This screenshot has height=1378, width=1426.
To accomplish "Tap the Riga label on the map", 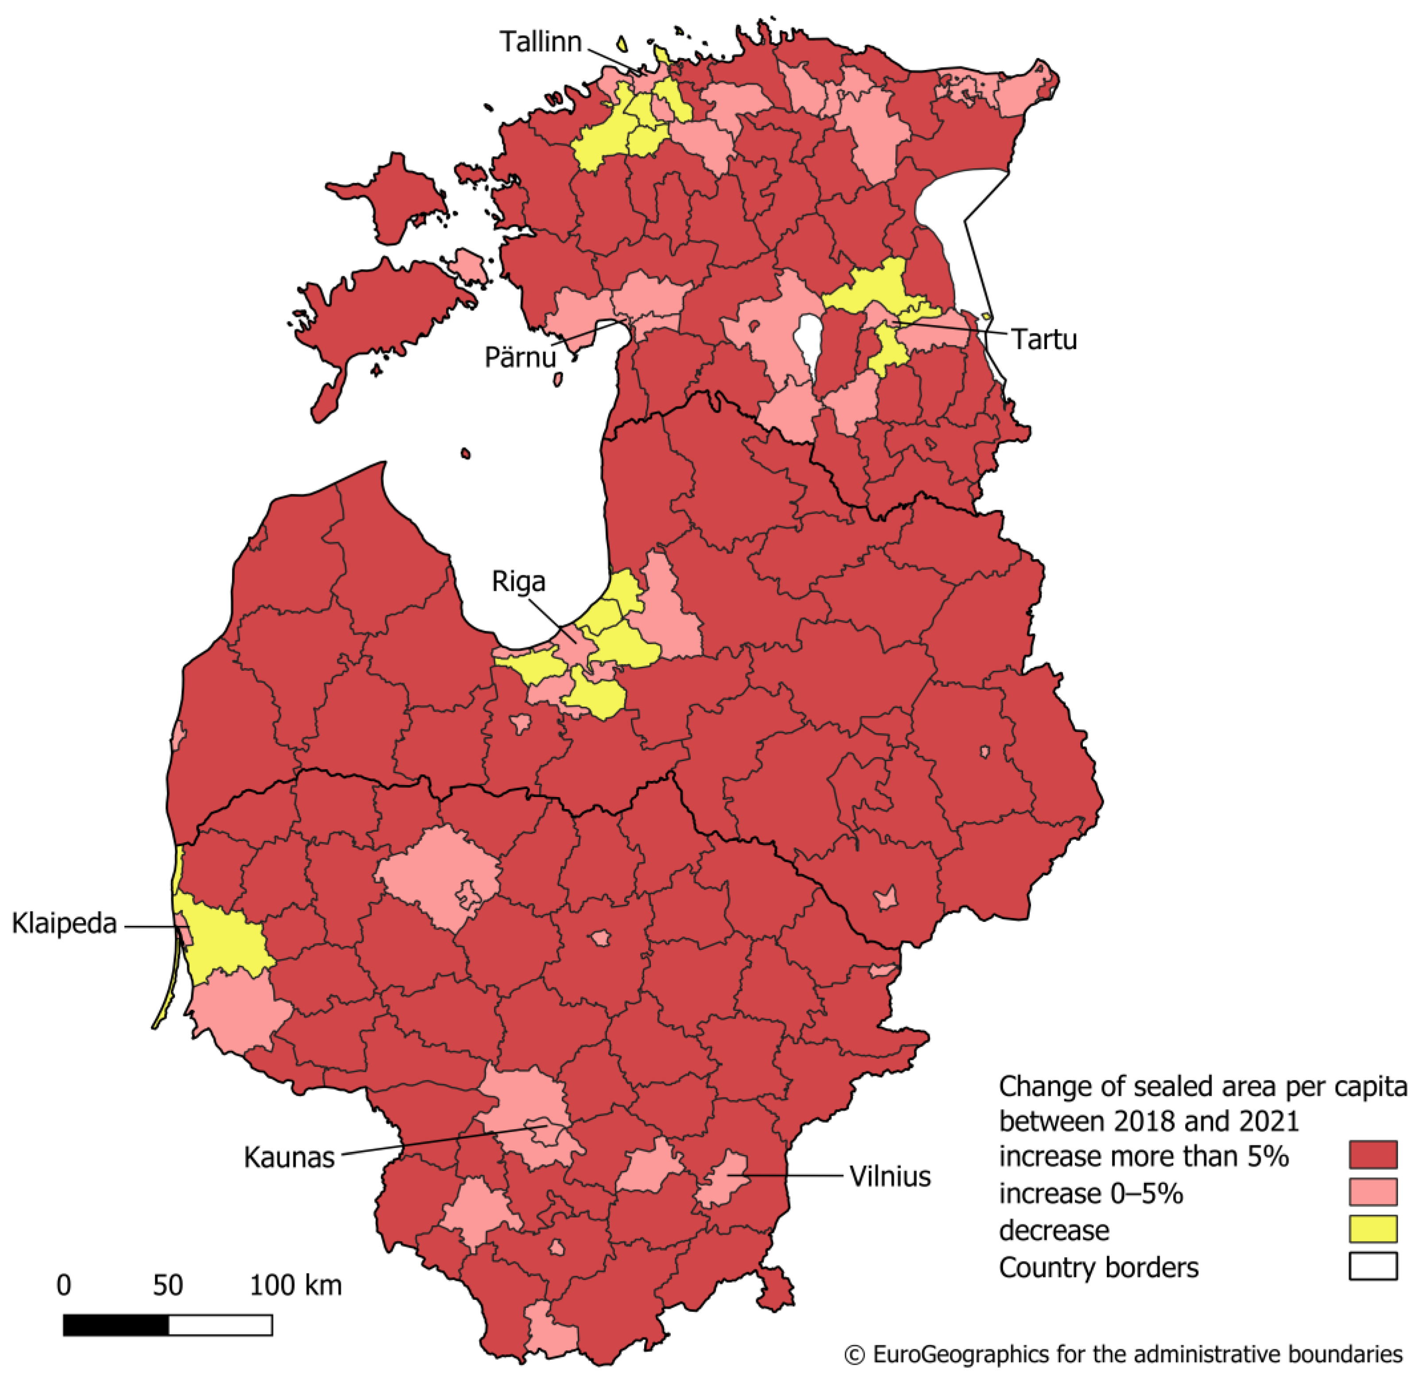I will [x=518, y=581].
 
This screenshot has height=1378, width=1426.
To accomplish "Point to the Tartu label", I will [x=1044, y=339].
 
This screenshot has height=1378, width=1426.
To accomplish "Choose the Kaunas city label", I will [x=289, y=1157].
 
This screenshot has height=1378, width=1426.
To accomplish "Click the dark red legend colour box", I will [x=1372, y=1155].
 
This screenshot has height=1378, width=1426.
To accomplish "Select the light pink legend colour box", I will [x=1372, y=1192].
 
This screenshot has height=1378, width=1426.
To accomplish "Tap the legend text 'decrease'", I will [x=1054, y=1230].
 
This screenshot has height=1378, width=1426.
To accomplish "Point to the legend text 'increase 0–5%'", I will [x=1090, y=1193].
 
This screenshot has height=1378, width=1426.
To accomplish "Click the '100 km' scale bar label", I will [x=295, y=1285].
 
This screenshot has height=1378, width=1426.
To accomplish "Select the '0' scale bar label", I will [x=64, y=1285].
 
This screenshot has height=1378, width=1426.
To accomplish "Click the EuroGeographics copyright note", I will [x=1123, y=1354].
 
